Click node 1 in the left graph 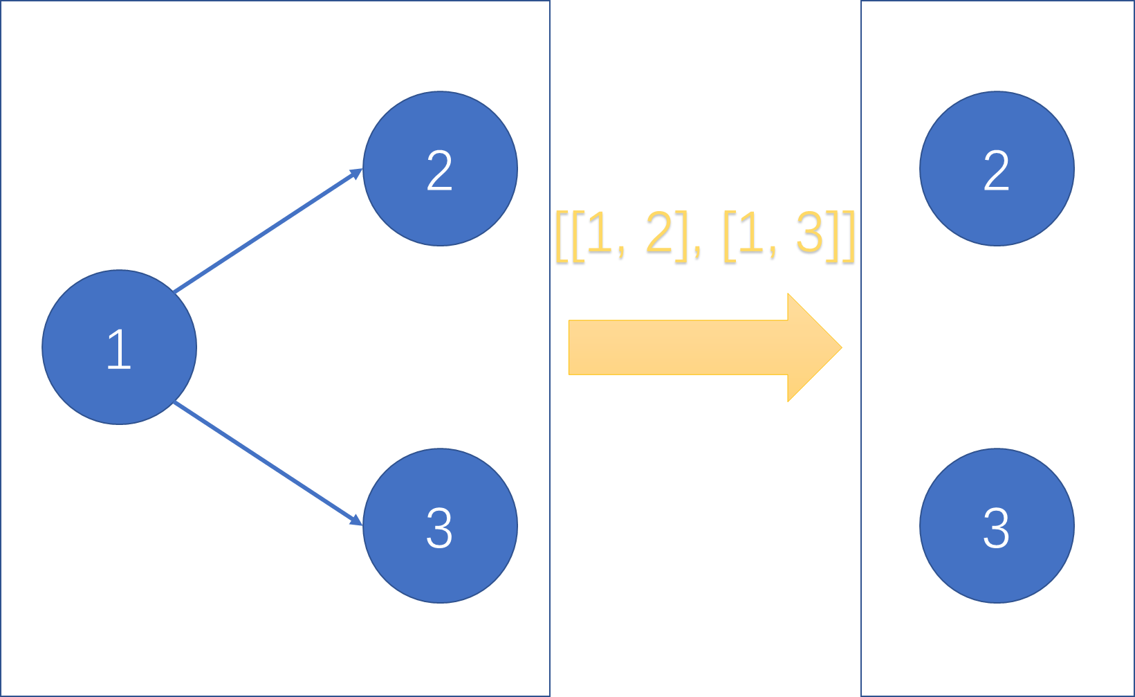(119, 347)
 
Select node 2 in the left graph (440, 168)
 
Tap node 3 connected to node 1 (440, 526)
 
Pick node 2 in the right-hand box (997, 168)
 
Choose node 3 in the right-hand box (997, 526)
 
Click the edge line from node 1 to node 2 (266, 232)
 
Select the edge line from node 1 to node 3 (266, 462)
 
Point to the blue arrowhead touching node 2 (356, 174)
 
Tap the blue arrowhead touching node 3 (356, 520)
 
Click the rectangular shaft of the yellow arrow (678, 347)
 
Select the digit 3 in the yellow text (809, 234)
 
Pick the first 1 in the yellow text (600, 234)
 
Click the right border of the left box (550, 485)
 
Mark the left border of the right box (861, 485)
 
